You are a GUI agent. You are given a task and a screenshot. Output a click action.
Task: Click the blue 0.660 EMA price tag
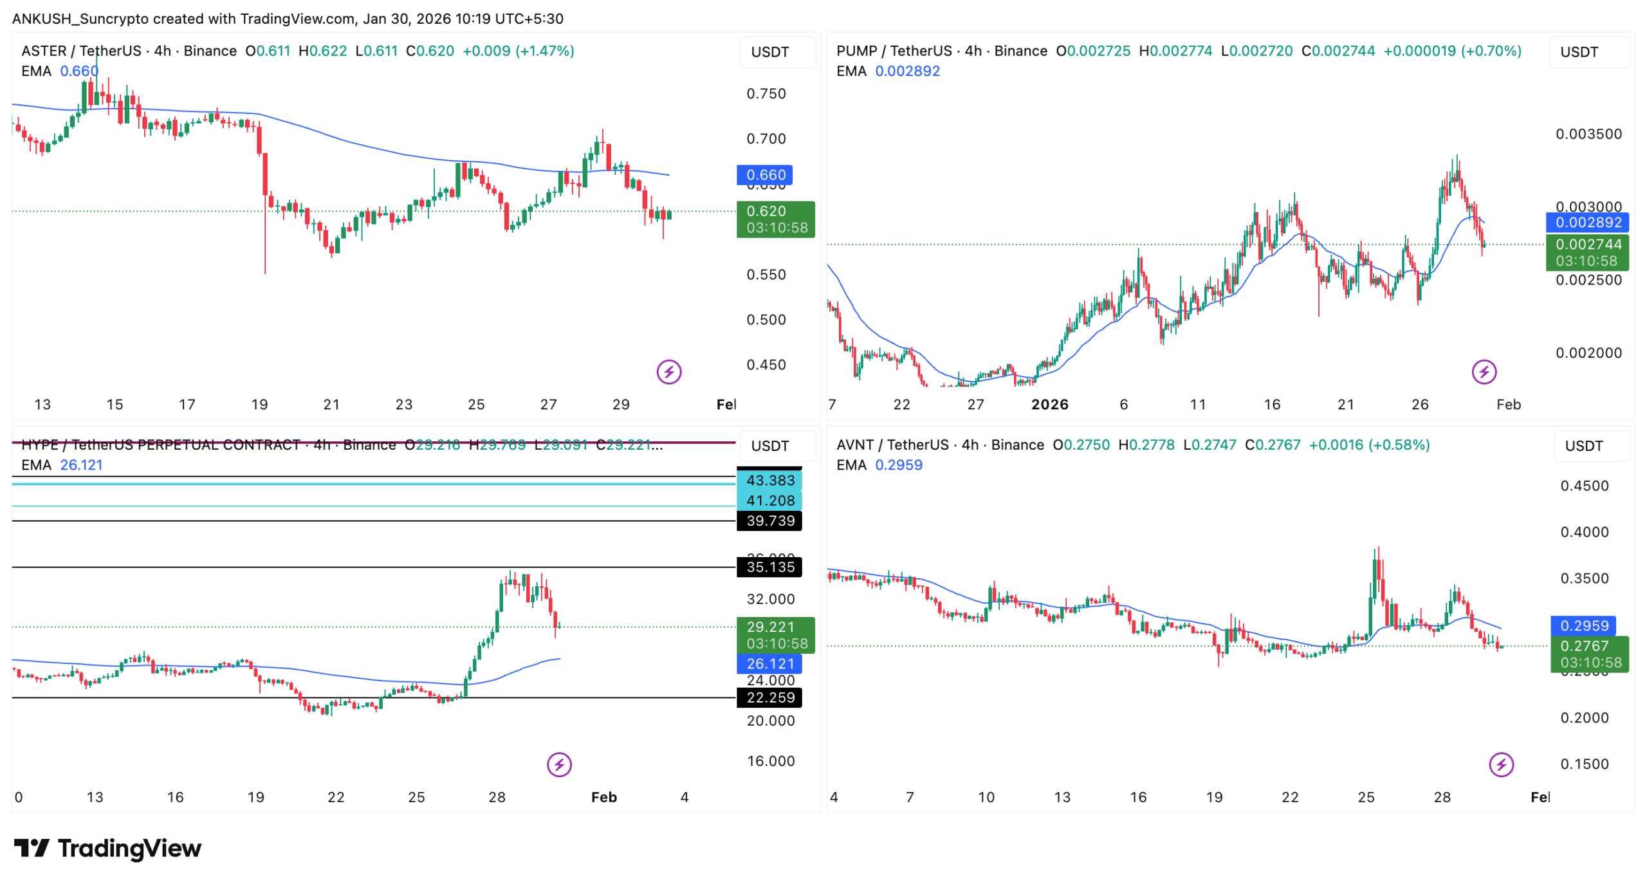(x=764, y=175)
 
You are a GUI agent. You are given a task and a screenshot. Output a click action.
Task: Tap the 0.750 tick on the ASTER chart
(x=766, y=94)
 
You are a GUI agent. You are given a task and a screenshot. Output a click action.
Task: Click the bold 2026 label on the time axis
(x=1049, y=405)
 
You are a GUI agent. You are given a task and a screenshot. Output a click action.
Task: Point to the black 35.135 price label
(x=769, y=567)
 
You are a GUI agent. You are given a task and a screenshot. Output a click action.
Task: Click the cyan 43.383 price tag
(x=769, y=481)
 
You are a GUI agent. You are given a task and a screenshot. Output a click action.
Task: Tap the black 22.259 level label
(x=769, y=697)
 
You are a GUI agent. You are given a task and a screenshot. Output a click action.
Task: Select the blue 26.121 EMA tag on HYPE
(x=769, y=664)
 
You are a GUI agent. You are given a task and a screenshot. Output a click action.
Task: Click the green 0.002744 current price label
(x=1588, y=244)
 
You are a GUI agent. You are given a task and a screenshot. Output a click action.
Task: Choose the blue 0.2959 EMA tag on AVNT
(x=1583, y=626)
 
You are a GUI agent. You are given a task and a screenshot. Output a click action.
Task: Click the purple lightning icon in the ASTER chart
(x=669, y=372)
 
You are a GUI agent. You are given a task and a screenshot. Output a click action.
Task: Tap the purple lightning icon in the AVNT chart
(x=1501, y=765)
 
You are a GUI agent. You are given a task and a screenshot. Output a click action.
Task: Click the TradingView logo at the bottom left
(x=107, y=849)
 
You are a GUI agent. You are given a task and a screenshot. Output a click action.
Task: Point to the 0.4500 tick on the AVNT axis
(x=1584, y=486)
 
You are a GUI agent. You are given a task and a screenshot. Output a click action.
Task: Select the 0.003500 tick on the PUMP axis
(x=1588, y=134)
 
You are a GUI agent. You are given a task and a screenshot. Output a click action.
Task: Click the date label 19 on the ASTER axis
(x=259, y=405)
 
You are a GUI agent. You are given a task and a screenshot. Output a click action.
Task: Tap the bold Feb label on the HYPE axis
(x=603, y=798)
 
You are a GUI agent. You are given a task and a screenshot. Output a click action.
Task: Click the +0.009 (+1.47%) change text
(x=518, y=51)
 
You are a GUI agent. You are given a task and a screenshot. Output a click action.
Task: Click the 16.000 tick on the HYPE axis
(x=770, y=761)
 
